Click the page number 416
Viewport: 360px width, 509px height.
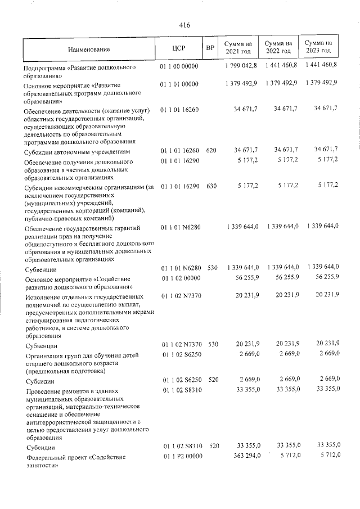184,25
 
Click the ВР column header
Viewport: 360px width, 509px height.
210,48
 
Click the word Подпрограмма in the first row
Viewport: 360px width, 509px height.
44,67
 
